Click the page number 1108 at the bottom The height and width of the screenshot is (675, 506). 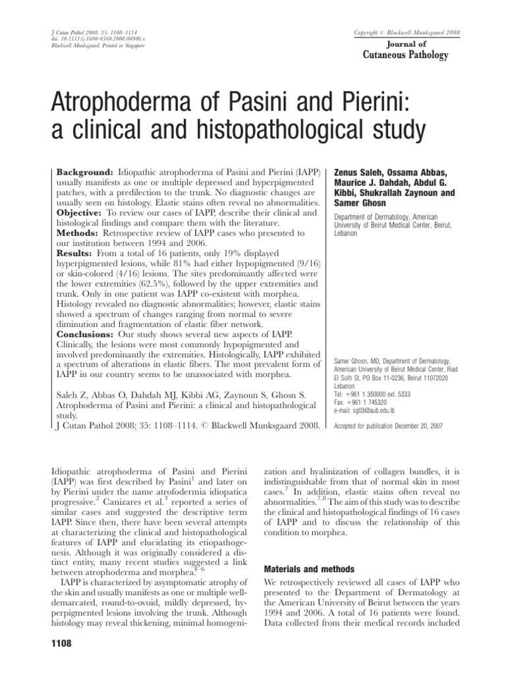63,642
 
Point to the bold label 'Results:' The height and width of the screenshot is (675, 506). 73,254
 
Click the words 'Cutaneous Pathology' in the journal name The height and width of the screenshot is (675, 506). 406,55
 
